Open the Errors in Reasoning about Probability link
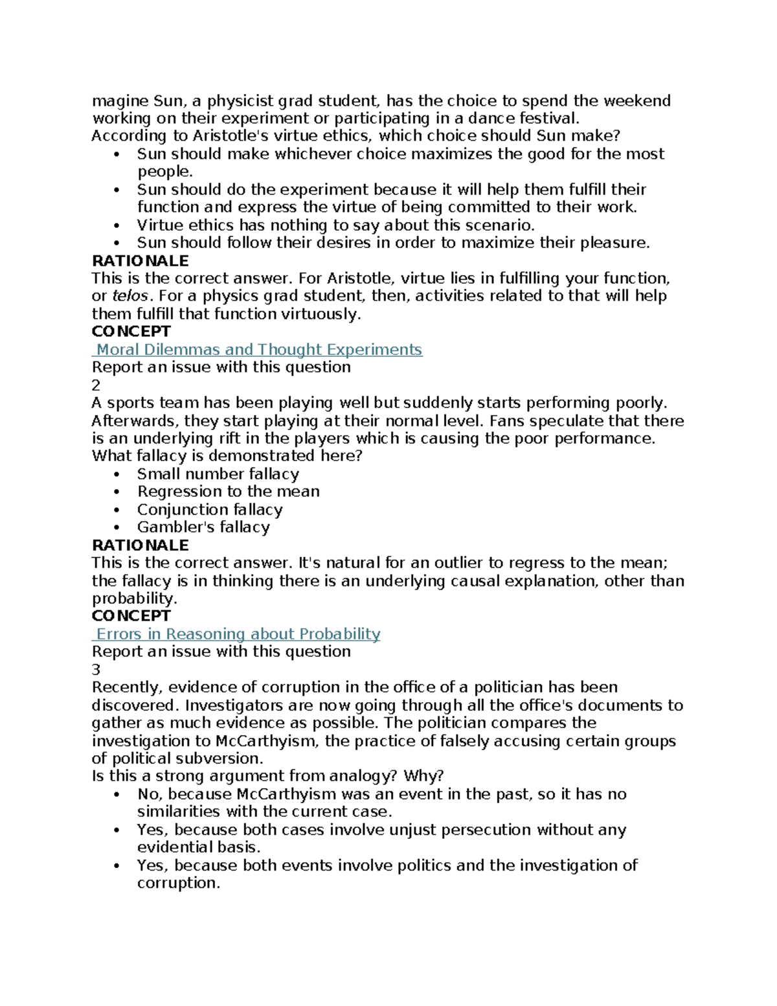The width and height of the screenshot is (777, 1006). pyautogui.click(x=238, y=634)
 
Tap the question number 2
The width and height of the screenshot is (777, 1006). pyautogui.click(x=96, y=385)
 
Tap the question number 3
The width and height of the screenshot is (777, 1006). pyautogui.click(x=96, y=670)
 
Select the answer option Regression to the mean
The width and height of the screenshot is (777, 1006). pyautogui.click(x=228, y=492)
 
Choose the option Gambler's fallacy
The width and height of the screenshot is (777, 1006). pyautogui.click(x=203, y=527)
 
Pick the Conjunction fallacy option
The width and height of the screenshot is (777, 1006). pyautogui.click(x=210, y=510)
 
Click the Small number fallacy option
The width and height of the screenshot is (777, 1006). pyautogui.click(x=218, y=474)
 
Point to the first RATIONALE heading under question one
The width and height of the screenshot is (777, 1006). pyautogui.click(x=140, y=261)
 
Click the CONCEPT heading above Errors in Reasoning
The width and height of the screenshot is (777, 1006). pyautogui.click(x=131, y=616)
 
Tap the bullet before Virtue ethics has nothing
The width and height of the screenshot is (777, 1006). pyautogui.click(x=117, y=226)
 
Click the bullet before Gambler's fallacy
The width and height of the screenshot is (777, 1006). pyautogui.click(x=117, y=528)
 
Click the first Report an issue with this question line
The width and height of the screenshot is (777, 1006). pyautogui.click(x=221, y=367)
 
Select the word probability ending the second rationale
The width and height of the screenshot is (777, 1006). pyautogui.click(x=133, y=599)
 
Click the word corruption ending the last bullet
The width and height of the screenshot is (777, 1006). pyautogui.click(x=177, y=884)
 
